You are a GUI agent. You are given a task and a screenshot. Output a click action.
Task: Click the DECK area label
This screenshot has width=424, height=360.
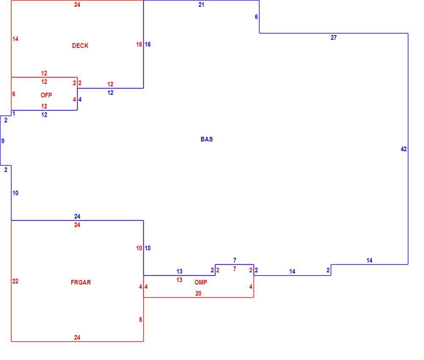(80, 46)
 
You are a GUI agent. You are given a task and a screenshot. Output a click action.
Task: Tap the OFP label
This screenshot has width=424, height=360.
(46, 95)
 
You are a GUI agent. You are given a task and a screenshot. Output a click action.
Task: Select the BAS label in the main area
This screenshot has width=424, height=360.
(206, 139)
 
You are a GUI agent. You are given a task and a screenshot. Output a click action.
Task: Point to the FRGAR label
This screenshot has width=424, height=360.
(81, 282)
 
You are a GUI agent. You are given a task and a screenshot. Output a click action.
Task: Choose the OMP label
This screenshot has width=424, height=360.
(201, 282)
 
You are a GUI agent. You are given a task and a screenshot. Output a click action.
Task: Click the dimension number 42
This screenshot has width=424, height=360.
(404, 149)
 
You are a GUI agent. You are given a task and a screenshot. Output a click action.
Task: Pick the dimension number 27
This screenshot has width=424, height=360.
(334, 38)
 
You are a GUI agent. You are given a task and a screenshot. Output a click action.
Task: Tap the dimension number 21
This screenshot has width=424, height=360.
(201, 5)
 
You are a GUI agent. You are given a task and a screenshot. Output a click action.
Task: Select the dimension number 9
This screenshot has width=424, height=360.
(3, 141)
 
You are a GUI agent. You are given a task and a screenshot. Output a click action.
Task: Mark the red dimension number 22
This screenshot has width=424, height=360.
(15, 281)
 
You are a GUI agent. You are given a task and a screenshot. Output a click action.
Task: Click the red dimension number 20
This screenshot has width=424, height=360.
(198, 294)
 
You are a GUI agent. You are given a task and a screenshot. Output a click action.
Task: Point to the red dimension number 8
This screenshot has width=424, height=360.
(140, 320)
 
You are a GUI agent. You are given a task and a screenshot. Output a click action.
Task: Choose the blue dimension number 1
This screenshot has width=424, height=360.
(14, 114)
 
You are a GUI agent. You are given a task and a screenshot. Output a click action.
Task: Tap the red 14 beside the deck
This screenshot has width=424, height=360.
(15, 39)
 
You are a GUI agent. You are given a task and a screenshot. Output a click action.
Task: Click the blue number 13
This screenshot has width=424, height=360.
(179, 271)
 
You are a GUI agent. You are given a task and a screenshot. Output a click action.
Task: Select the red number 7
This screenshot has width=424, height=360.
(234, 269)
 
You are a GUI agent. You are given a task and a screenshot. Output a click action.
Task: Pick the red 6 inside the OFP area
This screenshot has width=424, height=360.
(14, 94)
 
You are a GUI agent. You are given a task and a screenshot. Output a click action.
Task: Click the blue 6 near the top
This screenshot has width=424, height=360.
(257, 17)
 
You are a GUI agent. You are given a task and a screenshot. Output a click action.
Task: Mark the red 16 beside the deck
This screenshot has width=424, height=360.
(139, 44)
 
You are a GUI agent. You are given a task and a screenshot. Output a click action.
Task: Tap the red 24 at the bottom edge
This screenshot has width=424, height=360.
(77, 338)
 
